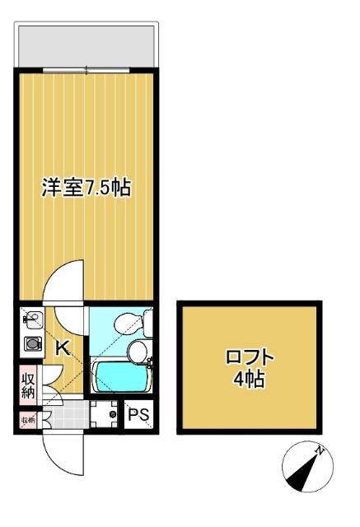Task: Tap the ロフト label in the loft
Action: coord(250,358)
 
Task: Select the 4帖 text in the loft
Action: coord(250,380)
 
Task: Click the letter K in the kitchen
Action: coord(61,347)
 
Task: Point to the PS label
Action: coord(138,416)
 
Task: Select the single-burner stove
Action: coord(32,345)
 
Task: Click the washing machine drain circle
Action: coord(113,415)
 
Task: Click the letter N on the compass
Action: coord(321,450)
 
